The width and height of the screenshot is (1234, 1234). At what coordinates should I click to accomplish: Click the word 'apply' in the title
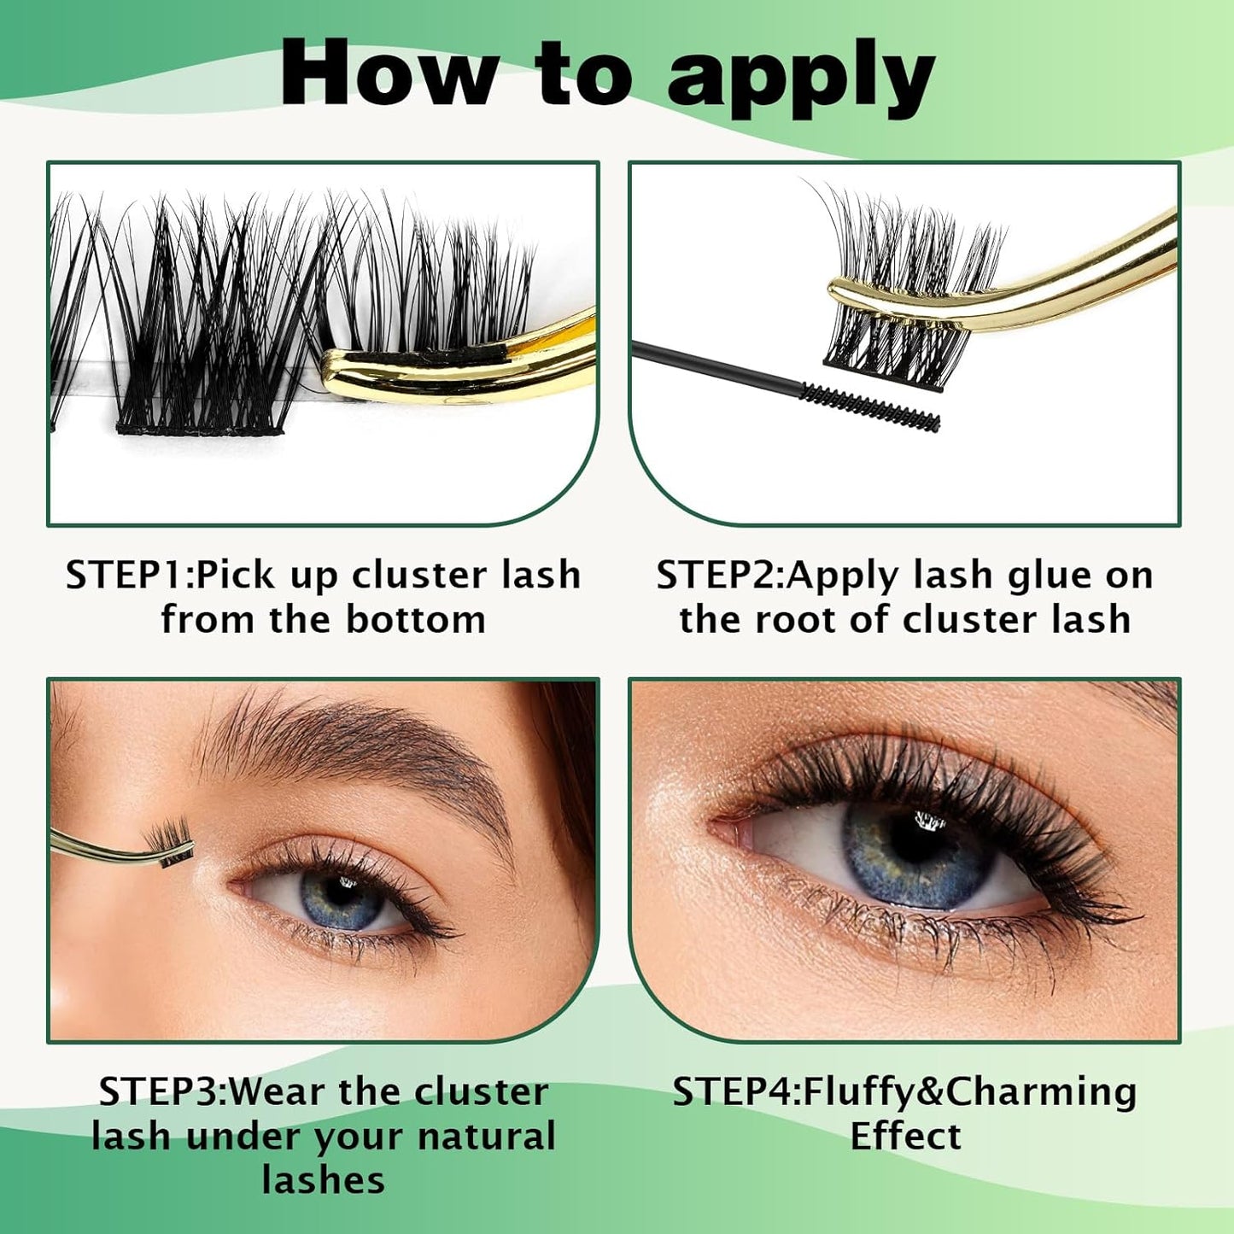pyautogui.click(x=801, y=79)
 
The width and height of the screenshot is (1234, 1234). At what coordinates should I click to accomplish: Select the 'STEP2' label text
pyautogui.click(x=718, y=575)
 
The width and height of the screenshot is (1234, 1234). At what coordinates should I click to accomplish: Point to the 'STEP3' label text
pyautogui.click(x=160, y=1091)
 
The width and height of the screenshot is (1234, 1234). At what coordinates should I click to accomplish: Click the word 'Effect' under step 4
pyautogui.click(x=905, y=1136)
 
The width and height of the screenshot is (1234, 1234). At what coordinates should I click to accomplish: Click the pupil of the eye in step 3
pyautogui.click(x=342, y=895)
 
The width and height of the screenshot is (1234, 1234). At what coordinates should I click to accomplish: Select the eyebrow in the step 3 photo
pyautogui.click(x=359, y=752)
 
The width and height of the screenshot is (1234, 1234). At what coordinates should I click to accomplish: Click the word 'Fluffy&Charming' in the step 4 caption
pyautogui.click(x=970, y=1091)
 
